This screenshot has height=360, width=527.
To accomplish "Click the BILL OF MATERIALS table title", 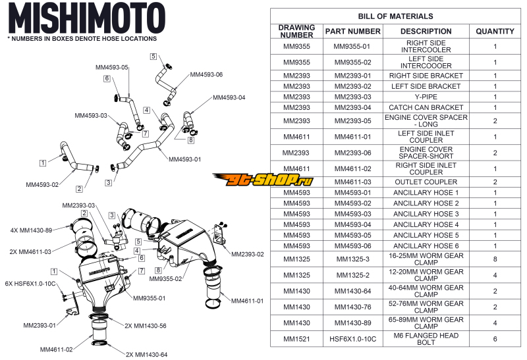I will click(x=395, y=16).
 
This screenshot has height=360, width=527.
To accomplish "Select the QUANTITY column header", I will click(x=495, y=31).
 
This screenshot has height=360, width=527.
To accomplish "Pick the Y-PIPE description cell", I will click(x=426, y=97).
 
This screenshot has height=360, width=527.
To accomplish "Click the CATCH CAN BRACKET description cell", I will click(x=426, y=107).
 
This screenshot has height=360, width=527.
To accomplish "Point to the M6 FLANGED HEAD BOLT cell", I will click(x=426, y=339).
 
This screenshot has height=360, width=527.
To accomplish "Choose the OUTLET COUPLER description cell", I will click(x=426, y=182).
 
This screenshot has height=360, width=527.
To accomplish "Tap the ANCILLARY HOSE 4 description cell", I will click(x=426, y=224).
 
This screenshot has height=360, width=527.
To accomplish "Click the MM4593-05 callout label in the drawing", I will click(x=112, y=67).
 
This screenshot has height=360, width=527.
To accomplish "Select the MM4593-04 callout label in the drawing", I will click(x=229, y=97).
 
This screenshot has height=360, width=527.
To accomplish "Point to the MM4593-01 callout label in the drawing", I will click(x=185, y=159).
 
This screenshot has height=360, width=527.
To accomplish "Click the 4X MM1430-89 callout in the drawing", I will click(x=32, y=230).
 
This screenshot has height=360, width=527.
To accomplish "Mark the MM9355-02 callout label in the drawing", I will click(x=165, y=279).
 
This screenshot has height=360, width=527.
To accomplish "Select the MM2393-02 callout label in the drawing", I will click(x=247, y=253).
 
